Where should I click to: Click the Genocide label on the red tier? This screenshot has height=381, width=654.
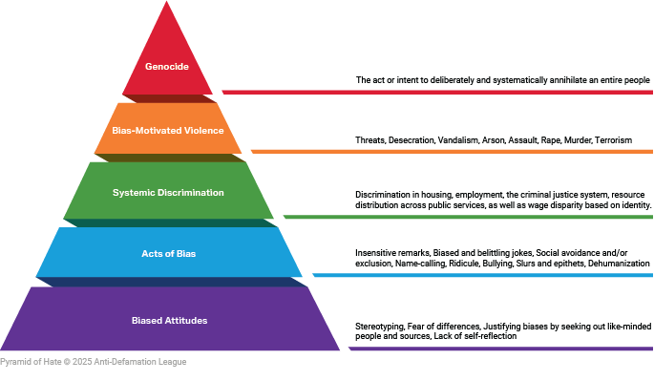tap(168, 67)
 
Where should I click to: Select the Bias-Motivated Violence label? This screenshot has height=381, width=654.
tap(168, 130)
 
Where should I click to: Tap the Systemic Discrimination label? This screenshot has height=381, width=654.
tap(168, 193)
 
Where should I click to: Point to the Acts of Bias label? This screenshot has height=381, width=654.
tap(168, 253)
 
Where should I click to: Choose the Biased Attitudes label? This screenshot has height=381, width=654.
tap(169, 320)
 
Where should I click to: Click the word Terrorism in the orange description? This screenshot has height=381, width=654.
tap(612, 140)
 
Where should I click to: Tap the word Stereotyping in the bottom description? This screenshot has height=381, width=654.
tap(377, 326)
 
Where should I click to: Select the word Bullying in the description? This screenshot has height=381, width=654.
tap(504, 263)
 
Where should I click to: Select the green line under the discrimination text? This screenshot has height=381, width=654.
tap(468, 217)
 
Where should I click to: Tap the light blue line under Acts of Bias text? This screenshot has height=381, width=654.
tap(483, 275)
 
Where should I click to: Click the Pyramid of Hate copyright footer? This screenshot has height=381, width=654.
tap(94, 363)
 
